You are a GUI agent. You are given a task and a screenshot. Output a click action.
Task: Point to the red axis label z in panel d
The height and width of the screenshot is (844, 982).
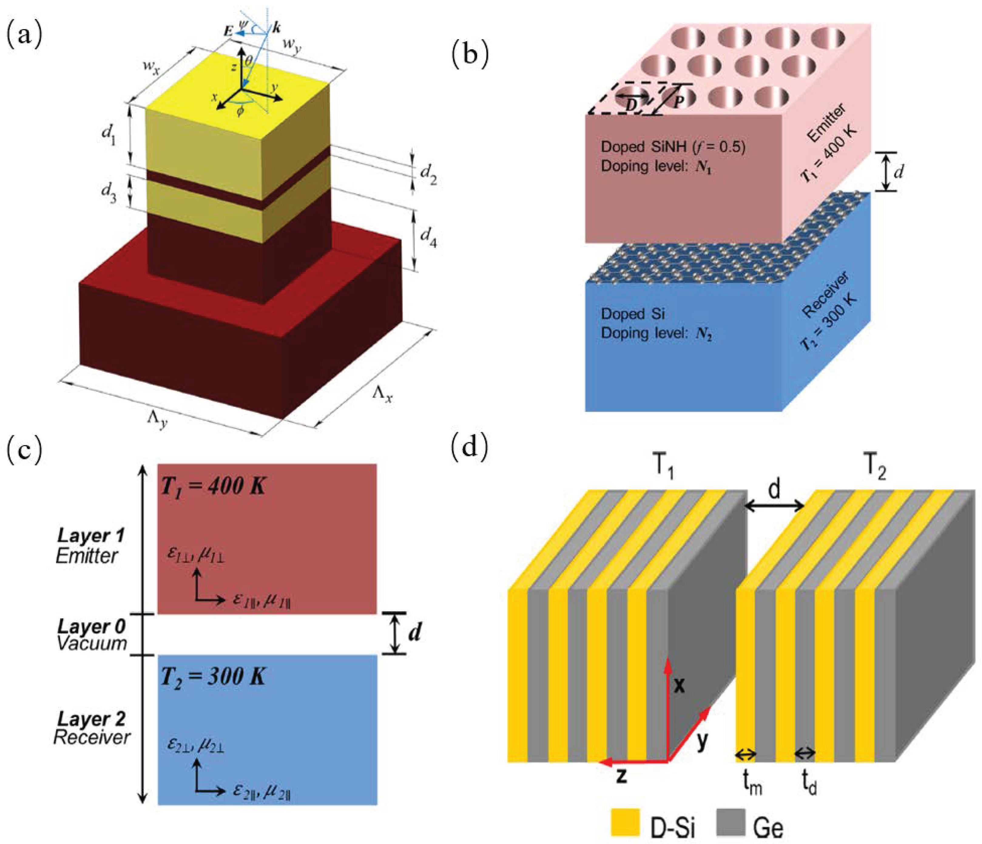(621, 776)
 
